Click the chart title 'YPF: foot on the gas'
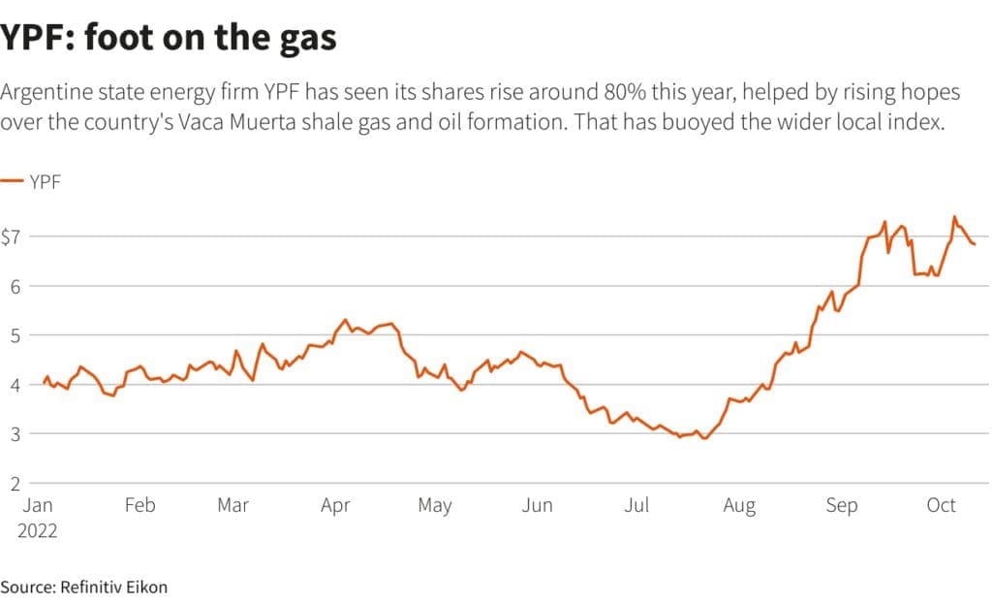169,37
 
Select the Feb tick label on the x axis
139,505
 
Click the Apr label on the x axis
335,505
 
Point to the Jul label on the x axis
636,505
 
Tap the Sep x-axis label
842,505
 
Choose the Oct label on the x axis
942,505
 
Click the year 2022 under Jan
37,531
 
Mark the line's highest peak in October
954,216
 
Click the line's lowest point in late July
705,439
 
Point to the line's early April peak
346,319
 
